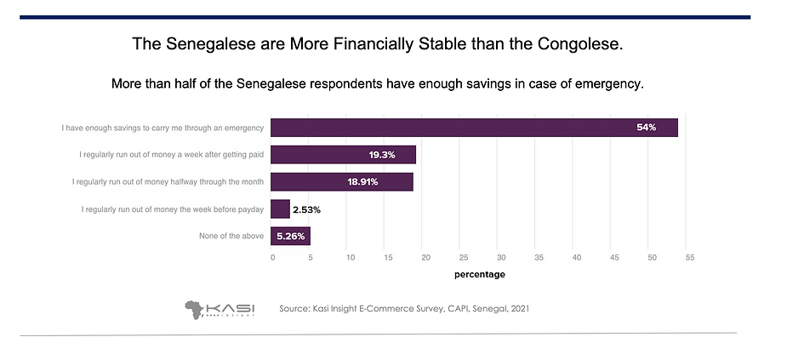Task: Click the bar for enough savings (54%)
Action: (475, 128)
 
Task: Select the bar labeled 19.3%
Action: (344, 155)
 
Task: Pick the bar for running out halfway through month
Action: (342, 182)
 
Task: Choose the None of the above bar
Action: (291, 236)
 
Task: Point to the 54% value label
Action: (647, 128)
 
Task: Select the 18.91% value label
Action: (386, 182)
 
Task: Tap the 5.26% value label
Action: (291, 236)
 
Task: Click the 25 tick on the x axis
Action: (463, 256)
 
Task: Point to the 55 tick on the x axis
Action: (690, 256)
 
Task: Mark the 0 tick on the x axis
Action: (273, 256)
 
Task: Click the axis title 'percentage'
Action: (479, 274)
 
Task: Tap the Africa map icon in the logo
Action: (197, 308)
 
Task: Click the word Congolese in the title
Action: (583, 43)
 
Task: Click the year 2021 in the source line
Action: (516, 308)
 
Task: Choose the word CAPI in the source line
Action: (441, 308)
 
